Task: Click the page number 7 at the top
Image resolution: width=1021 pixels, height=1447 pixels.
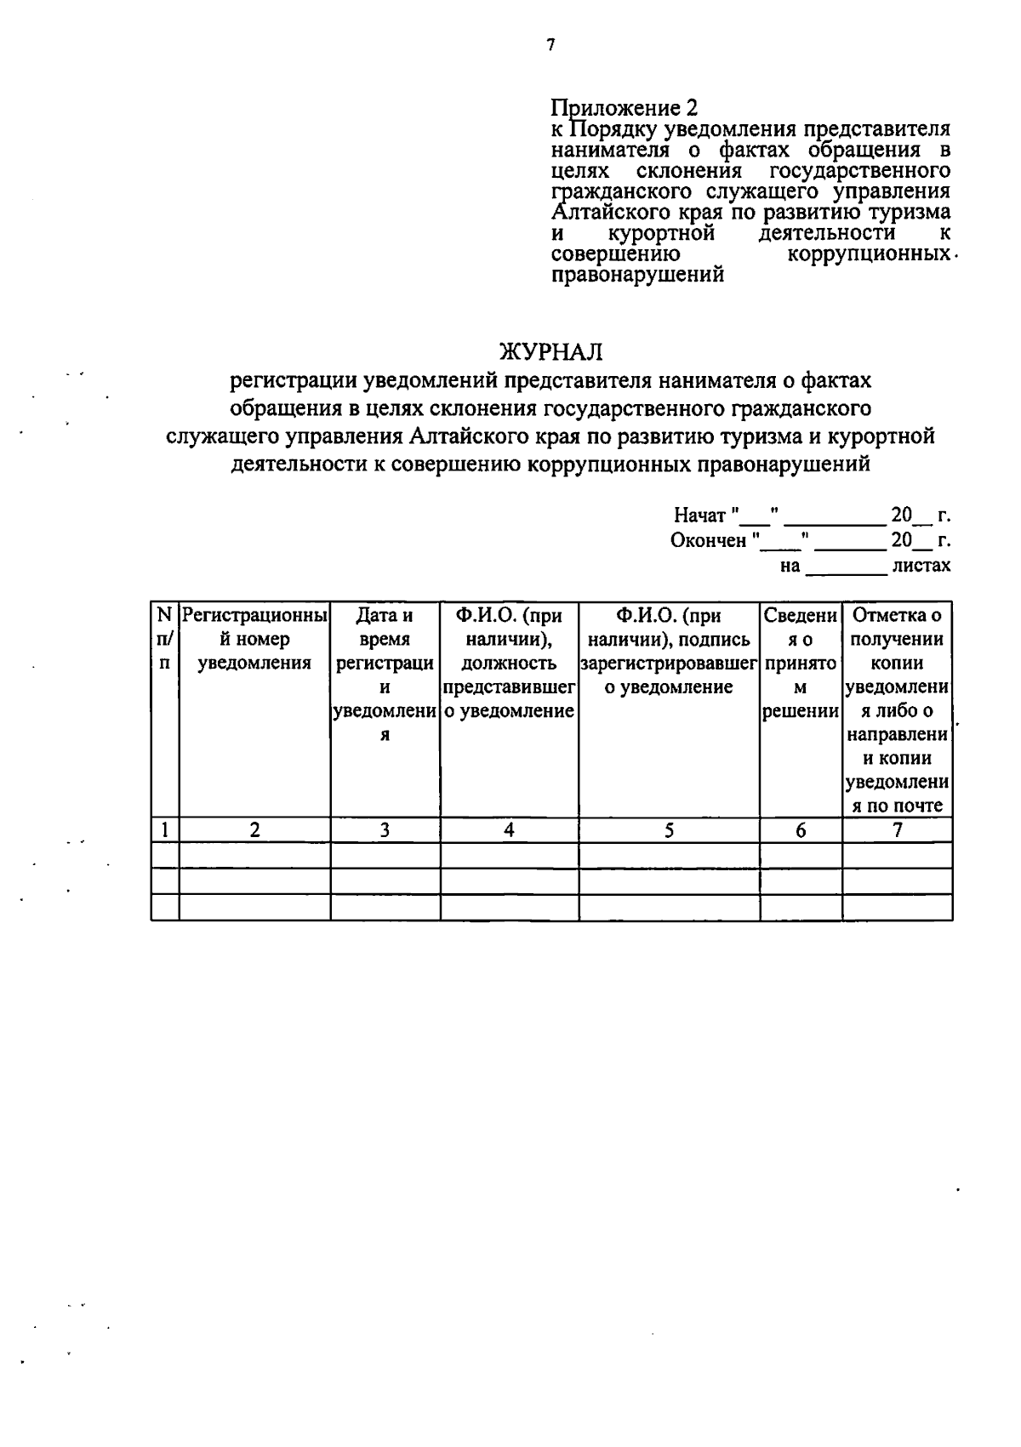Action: [551, 45]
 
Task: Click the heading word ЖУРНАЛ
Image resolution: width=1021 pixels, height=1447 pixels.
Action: [551, 351]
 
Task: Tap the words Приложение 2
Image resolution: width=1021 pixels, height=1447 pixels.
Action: [624, 108]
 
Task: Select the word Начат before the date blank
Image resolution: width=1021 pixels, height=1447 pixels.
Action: [699, 516]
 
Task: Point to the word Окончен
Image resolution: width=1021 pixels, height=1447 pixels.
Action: [708, 541]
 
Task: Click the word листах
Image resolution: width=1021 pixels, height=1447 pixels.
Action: [921, 566]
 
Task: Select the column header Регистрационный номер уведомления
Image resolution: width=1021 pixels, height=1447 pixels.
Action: [254, 639]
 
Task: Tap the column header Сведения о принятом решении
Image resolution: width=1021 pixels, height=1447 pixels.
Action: [801, 663]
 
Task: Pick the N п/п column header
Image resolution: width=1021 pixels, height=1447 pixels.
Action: [164, 639]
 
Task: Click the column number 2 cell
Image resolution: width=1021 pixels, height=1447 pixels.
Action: [254, 830]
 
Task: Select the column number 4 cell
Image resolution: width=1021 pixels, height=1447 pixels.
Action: [509, 830]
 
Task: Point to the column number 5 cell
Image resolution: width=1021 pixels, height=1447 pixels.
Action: [669, 830]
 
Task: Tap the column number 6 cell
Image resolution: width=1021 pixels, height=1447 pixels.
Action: [801, 830]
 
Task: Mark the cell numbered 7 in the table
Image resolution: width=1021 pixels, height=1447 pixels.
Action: [897, 830]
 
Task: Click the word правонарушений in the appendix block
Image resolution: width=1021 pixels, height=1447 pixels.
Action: [638, 275]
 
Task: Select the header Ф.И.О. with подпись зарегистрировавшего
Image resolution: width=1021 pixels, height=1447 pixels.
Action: [669, 651]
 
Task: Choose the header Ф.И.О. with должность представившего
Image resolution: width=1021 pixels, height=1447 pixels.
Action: [509, 663]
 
